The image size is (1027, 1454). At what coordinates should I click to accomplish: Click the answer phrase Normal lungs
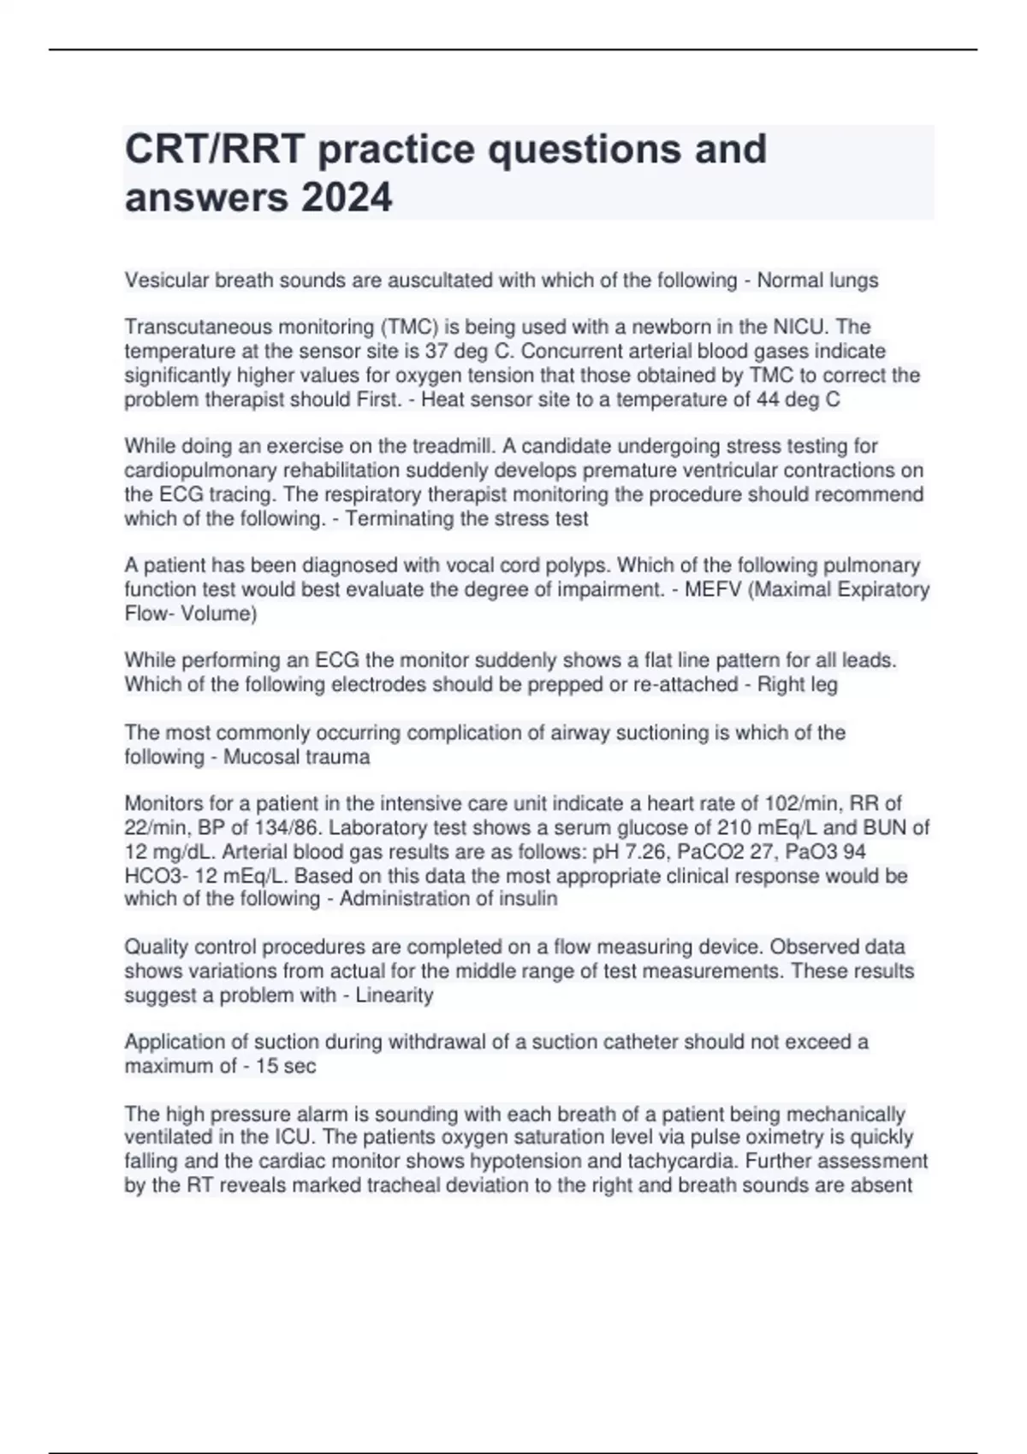click(x=817, y=280)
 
